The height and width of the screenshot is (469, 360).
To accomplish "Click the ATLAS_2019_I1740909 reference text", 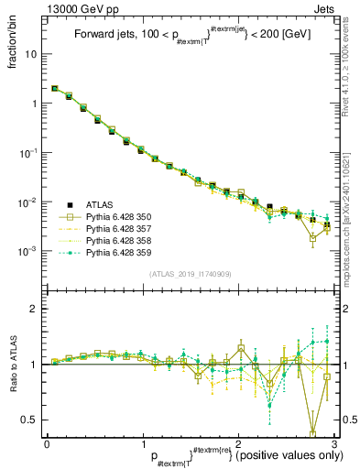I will coord(191,274).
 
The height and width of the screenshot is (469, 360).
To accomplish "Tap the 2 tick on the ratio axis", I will coord(35,309).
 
